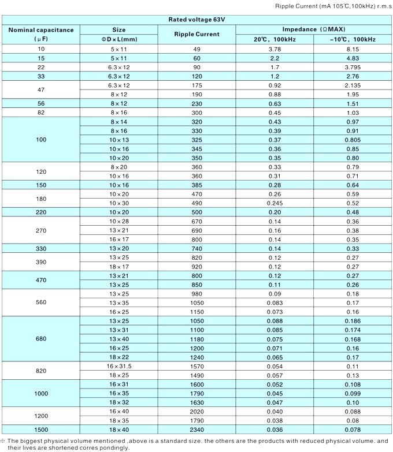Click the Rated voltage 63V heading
click(197, 20)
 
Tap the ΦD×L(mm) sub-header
click(118, 39)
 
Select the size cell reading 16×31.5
click(118, 366)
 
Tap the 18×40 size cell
click(118, 429)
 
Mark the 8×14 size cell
click(118, 122)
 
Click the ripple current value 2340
click(196, 429)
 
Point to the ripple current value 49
click(196, 48)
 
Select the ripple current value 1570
click(196, 366)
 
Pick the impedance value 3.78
click(275, 48)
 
